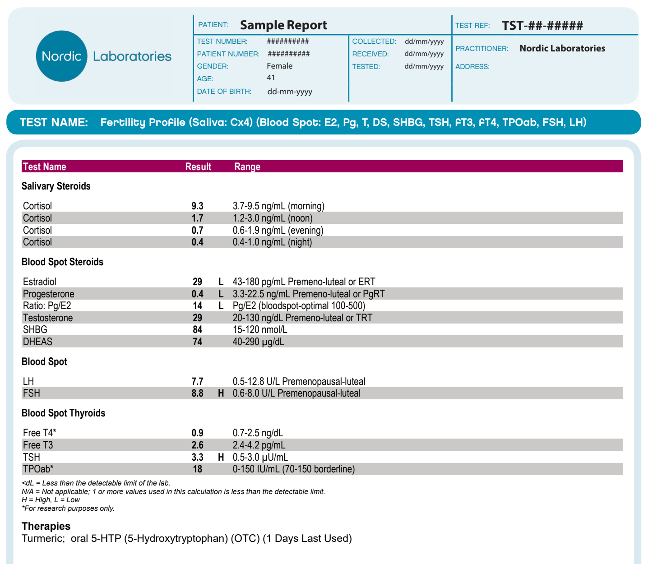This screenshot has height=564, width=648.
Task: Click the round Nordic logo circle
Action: [x=61, y=56]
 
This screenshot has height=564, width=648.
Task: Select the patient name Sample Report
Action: [x=283, y=25]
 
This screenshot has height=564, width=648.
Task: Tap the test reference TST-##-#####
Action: [x=542, y=25]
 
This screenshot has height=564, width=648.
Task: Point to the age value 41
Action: [x=271, y=78]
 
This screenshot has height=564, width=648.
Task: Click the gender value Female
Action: [x=279, y=66]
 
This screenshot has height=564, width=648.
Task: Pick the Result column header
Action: [x=198, y=166]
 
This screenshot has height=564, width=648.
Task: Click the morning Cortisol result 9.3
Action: [x=197, y=206]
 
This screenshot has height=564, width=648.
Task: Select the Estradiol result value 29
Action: [x=197, y=282]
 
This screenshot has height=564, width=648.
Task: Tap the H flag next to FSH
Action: [x=221, y=393]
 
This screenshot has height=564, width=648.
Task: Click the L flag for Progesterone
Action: [x=221, y=294]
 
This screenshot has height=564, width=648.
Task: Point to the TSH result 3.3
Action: [x=197, y=457]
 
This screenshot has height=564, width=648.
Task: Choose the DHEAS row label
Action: [x=37, y=342]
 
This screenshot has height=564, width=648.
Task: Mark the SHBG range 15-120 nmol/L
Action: [x=259, y=330]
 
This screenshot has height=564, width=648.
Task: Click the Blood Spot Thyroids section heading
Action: [x=63, y=413]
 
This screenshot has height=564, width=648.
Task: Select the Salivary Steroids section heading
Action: [x=56, y=186]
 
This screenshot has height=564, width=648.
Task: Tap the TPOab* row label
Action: [x=38, y=469]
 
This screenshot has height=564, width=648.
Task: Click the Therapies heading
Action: [x=46, y=526]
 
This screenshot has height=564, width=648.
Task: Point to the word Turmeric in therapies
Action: [x=43, y=538]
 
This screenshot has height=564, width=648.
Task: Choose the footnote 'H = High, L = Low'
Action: [x=51, y=500]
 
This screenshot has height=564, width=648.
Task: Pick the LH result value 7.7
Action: [x=197, y=382]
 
